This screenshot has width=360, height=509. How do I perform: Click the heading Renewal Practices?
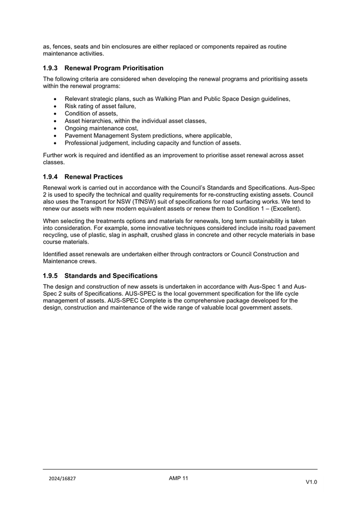(x=94, y=177)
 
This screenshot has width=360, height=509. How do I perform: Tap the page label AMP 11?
(x=179, y=478)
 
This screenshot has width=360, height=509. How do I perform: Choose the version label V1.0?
(x=311, y=482)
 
